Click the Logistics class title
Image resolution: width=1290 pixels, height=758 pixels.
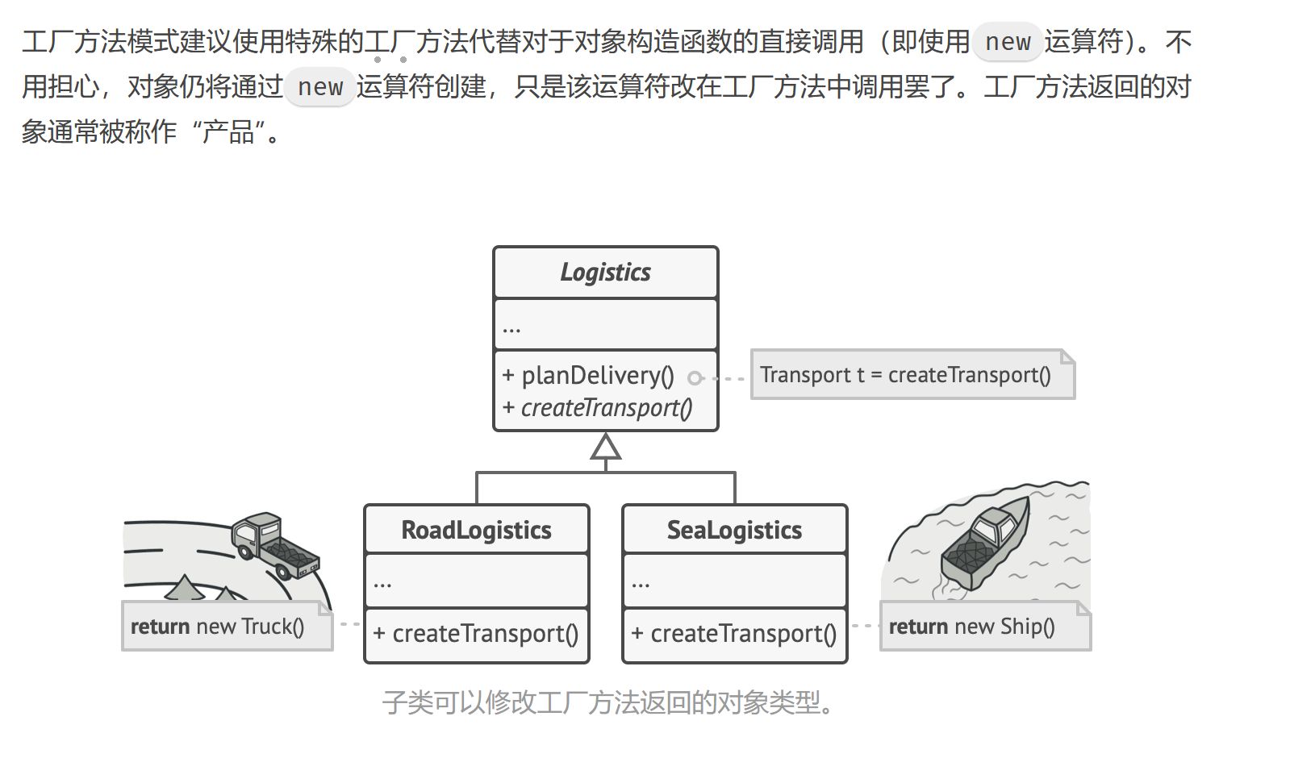pos(605,273)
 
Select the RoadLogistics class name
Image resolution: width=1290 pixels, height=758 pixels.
pos(476,530)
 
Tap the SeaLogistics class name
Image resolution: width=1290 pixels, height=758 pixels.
pos(734,530)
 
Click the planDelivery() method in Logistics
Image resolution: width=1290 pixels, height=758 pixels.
pos(597,375)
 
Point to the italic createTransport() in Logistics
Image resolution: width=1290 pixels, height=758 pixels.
pos(606,408)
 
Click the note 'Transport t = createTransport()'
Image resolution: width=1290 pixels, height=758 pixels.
pos(905,375)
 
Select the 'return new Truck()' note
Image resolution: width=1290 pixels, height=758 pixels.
pos(218,627)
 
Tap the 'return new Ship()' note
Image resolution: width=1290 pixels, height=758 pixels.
pos(972,627)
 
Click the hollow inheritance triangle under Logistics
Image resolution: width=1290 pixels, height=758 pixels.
pos(606,447)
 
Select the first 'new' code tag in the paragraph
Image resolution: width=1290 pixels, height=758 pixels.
pos(1008,42)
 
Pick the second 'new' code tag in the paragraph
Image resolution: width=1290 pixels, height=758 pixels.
pos(320,87)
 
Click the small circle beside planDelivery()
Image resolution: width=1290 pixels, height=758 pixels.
pos(695,377)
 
